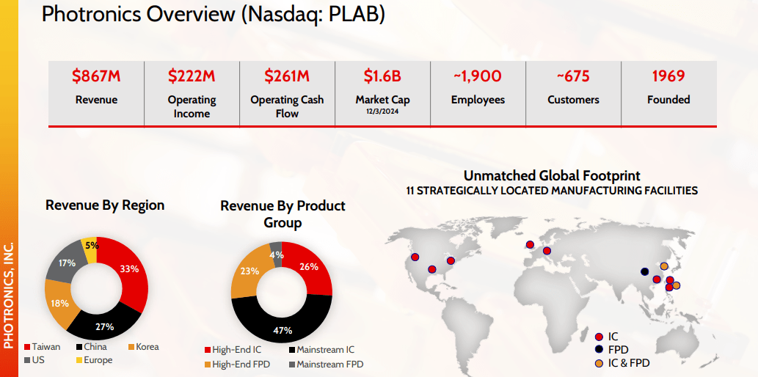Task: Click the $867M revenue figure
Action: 96,76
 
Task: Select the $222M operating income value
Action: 192,76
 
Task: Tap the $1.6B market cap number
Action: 382,76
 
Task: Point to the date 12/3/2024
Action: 382,111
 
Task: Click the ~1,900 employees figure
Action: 478,76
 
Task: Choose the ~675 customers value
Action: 573,76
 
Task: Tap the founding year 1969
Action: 668,76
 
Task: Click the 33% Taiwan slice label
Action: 129,269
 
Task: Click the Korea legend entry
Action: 147,347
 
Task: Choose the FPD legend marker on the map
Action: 600,350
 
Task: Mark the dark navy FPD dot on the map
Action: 645,271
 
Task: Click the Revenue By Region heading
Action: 105,205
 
